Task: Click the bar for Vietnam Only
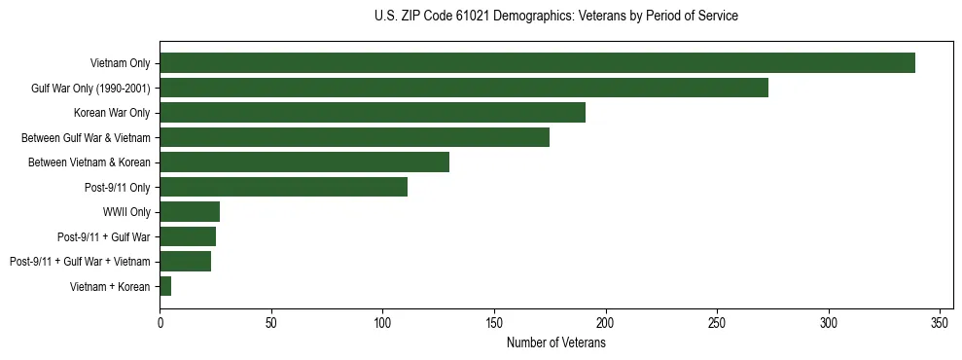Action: [x=537, y=63]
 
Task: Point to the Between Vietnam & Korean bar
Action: [x=304, y=162]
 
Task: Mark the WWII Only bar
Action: [x=190, y=211]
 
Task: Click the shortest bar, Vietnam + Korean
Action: [x=165, y=286]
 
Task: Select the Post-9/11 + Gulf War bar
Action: [x=188, y=236]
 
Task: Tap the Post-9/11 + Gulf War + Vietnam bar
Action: [x=185, y=261]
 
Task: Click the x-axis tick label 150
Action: [x=494, y=322]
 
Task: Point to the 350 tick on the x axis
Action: [x=940, y=322]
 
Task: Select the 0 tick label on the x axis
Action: [x=160, y=322]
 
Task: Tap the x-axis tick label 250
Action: [x=717, y=322]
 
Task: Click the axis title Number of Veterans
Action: [x=555, y=343]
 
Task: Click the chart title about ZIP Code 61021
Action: [x=555, y=17]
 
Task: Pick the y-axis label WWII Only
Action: [x=126, y=212]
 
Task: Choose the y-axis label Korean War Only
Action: [x=112, y=113]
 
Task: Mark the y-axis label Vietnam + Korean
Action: [x=110, y=287]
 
